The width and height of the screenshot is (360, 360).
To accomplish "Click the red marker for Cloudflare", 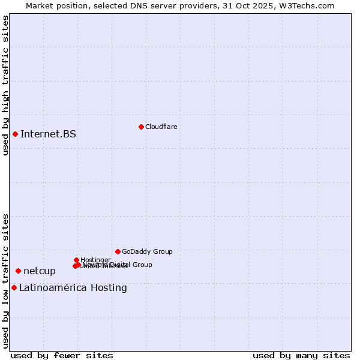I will (x=141, y=127).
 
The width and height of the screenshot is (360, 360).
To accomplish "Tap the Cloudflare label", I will (x=161, y=127).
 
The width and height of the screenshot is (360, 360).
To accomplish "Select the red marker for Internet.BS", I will (x=15, y=134).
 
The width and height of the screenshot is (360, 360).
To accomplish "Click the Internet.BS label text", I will (x=48, y=134).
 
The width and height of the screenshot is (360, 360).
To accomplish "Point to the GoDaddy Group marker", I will (x=118, y=251).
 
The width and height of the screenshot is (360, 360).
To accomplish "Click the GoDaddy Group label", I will (x=147, y=252).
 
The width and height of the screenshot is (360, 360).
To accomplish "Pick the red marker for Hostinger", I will (x=76, y=260).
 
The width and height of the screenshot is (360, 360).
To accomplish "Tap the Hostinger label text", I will (x=95, y=260).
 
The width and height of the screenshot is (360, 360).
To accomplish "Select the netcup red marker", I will (x=18, y=271).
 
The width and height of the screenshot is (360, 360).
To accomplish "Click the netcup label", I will (x=40, y=271).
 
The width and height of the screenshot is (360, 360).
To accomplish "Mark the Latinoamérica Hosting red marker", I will (x=14, y=288).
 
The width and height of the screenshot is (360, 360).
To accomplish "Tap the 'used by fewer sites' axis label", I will (x=62, y=355).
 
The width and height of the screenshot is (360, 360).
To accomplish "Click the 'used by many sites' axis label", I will (x=301, y=355).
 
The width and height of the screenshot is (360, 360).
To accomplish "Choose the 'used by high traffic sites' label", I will (x=5, y=86).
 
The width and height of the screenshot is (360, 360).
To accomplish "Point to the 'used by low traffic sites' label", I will (x=5, y=280).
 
